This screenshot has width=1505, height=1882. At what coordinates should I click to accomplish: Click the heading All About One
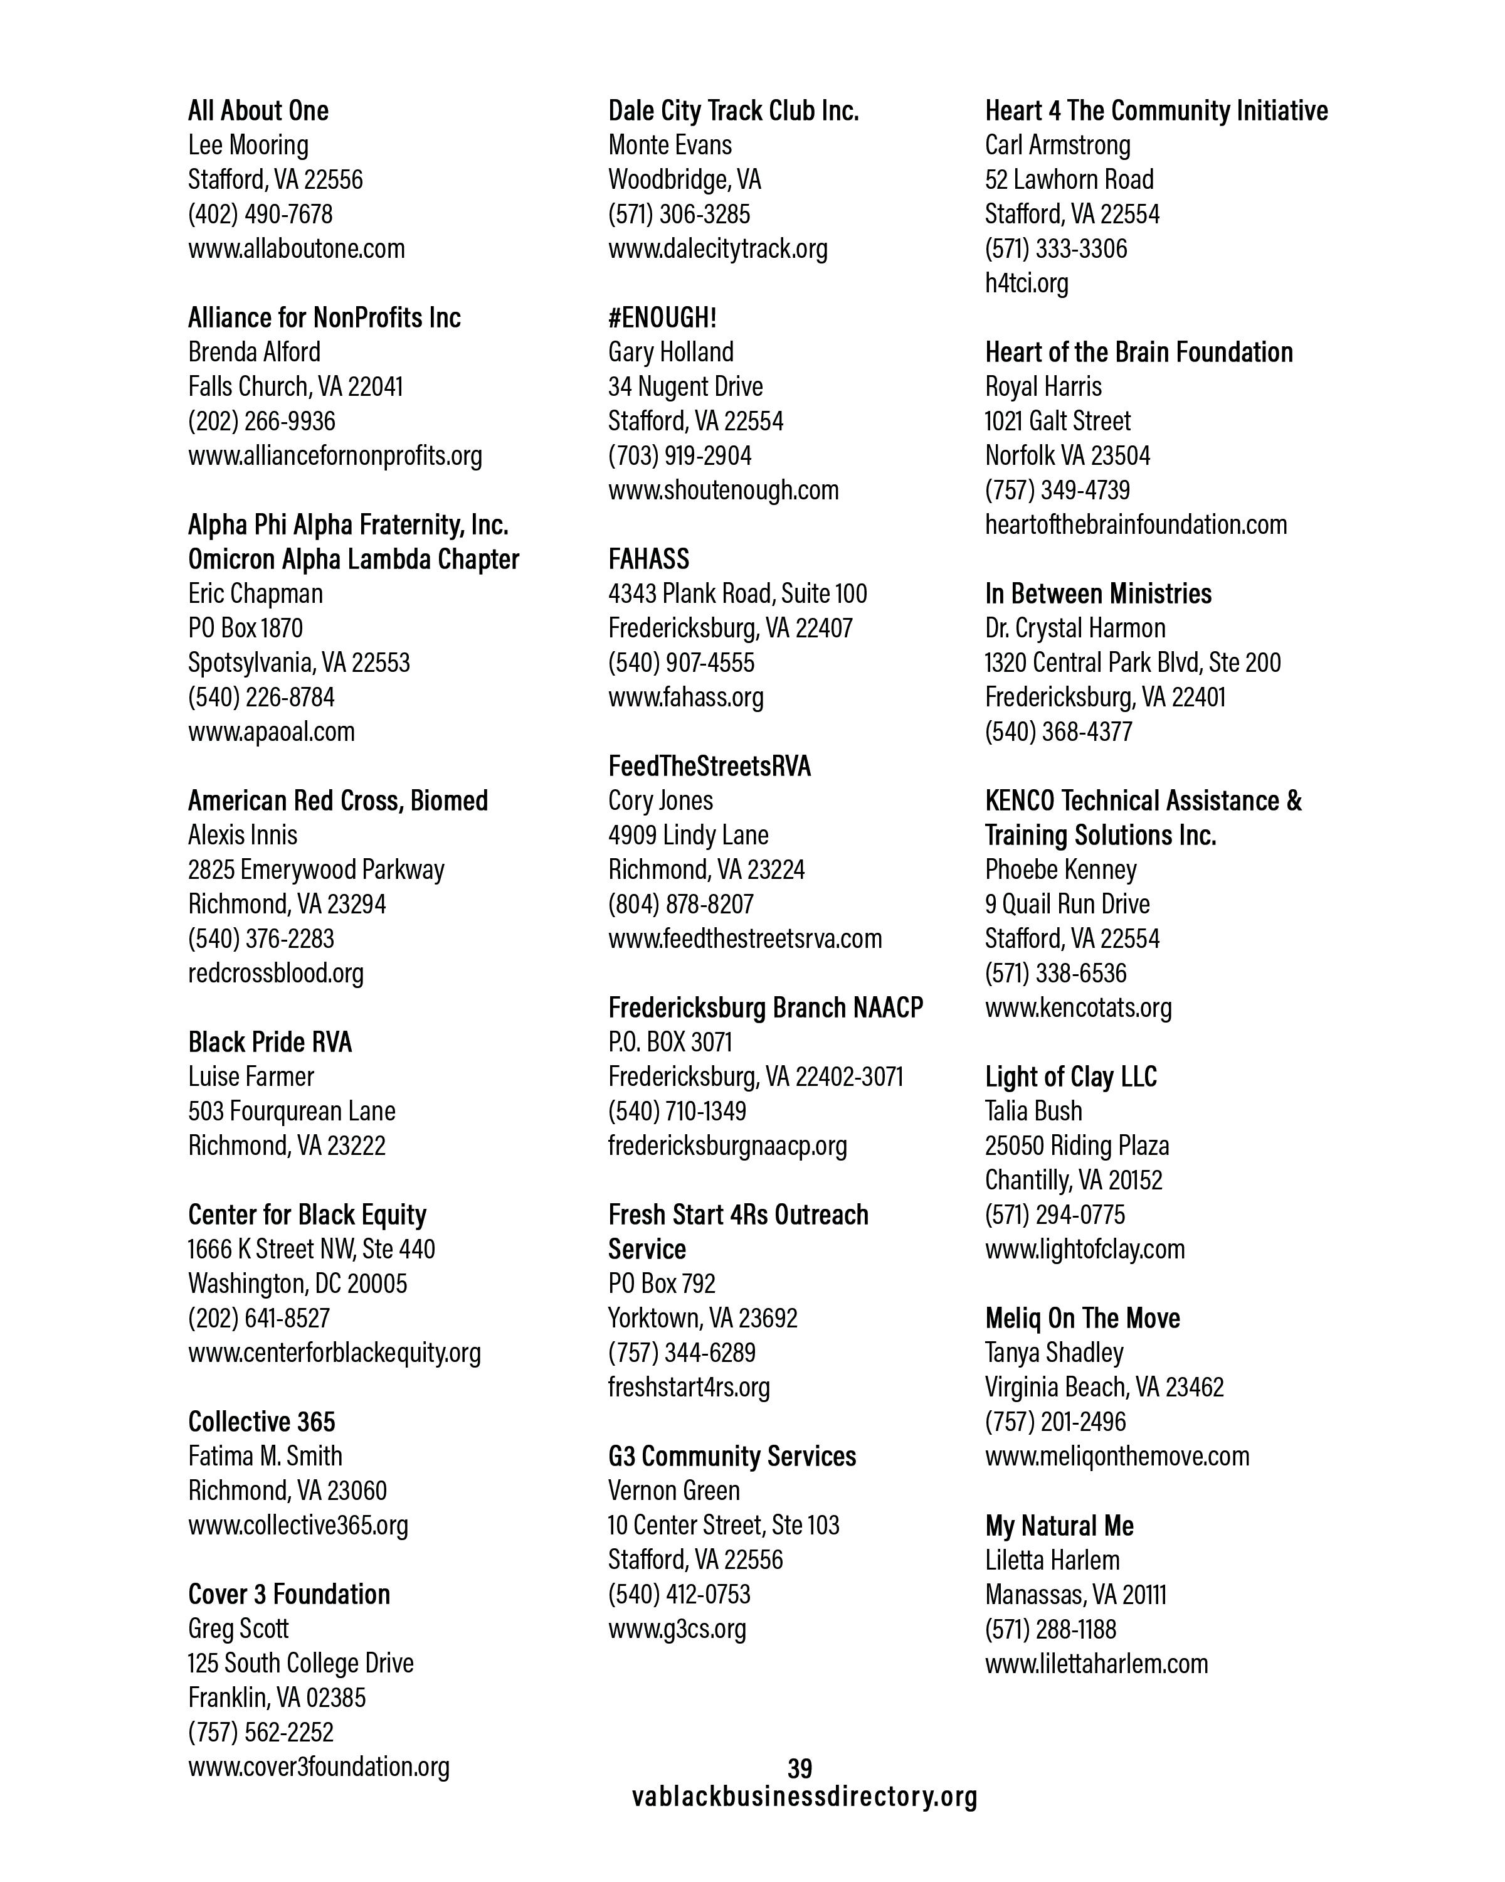pos(258,111)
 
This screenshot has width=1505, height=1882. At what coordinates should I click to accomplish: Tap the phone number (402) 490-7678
pos(260,214)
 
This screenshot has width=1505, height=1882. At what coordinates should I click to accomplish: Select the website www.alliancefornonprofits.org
pos(335,455)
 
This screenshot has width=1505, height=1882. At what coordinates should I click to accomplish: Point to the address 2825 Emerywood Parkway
pos(316,869)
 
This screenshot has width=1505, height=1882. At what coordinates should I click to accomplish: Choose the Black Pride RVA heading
pos(270,1042)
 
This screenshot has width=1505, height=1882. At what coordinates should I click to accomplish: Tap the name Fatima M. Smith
pos(265,1456)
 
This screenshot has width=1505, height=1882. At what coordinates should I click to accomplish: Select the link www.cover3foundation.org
pos(319,1767)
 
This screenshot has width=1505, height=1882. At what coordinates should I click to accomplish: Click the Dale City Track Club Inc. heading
pos(733,111)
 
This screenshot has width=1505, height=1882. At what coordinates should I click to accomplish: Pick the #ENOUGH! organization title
pos(662,317)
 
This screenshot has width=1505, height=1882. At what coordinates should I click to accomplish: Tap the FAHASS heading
pos(648,559)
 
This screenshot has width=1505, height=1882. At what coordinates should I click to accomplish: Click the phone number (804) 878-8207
pos(680,905)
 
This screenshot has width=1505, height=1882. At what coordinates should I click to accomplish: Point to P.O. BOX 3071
pos(670,1042)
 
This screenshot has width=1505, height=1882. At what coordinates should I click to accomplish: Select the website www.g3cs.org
pos(677,1629)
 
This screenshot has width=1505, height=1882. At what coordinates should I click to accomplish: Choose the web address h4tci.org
pos(1026,283)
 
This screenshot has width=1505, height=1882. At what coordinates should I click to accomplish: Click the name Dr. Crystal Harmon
pos(1075,629)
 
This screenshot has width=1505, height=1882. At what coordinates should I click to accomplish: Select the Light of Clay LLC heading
pos(1070,1077)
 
